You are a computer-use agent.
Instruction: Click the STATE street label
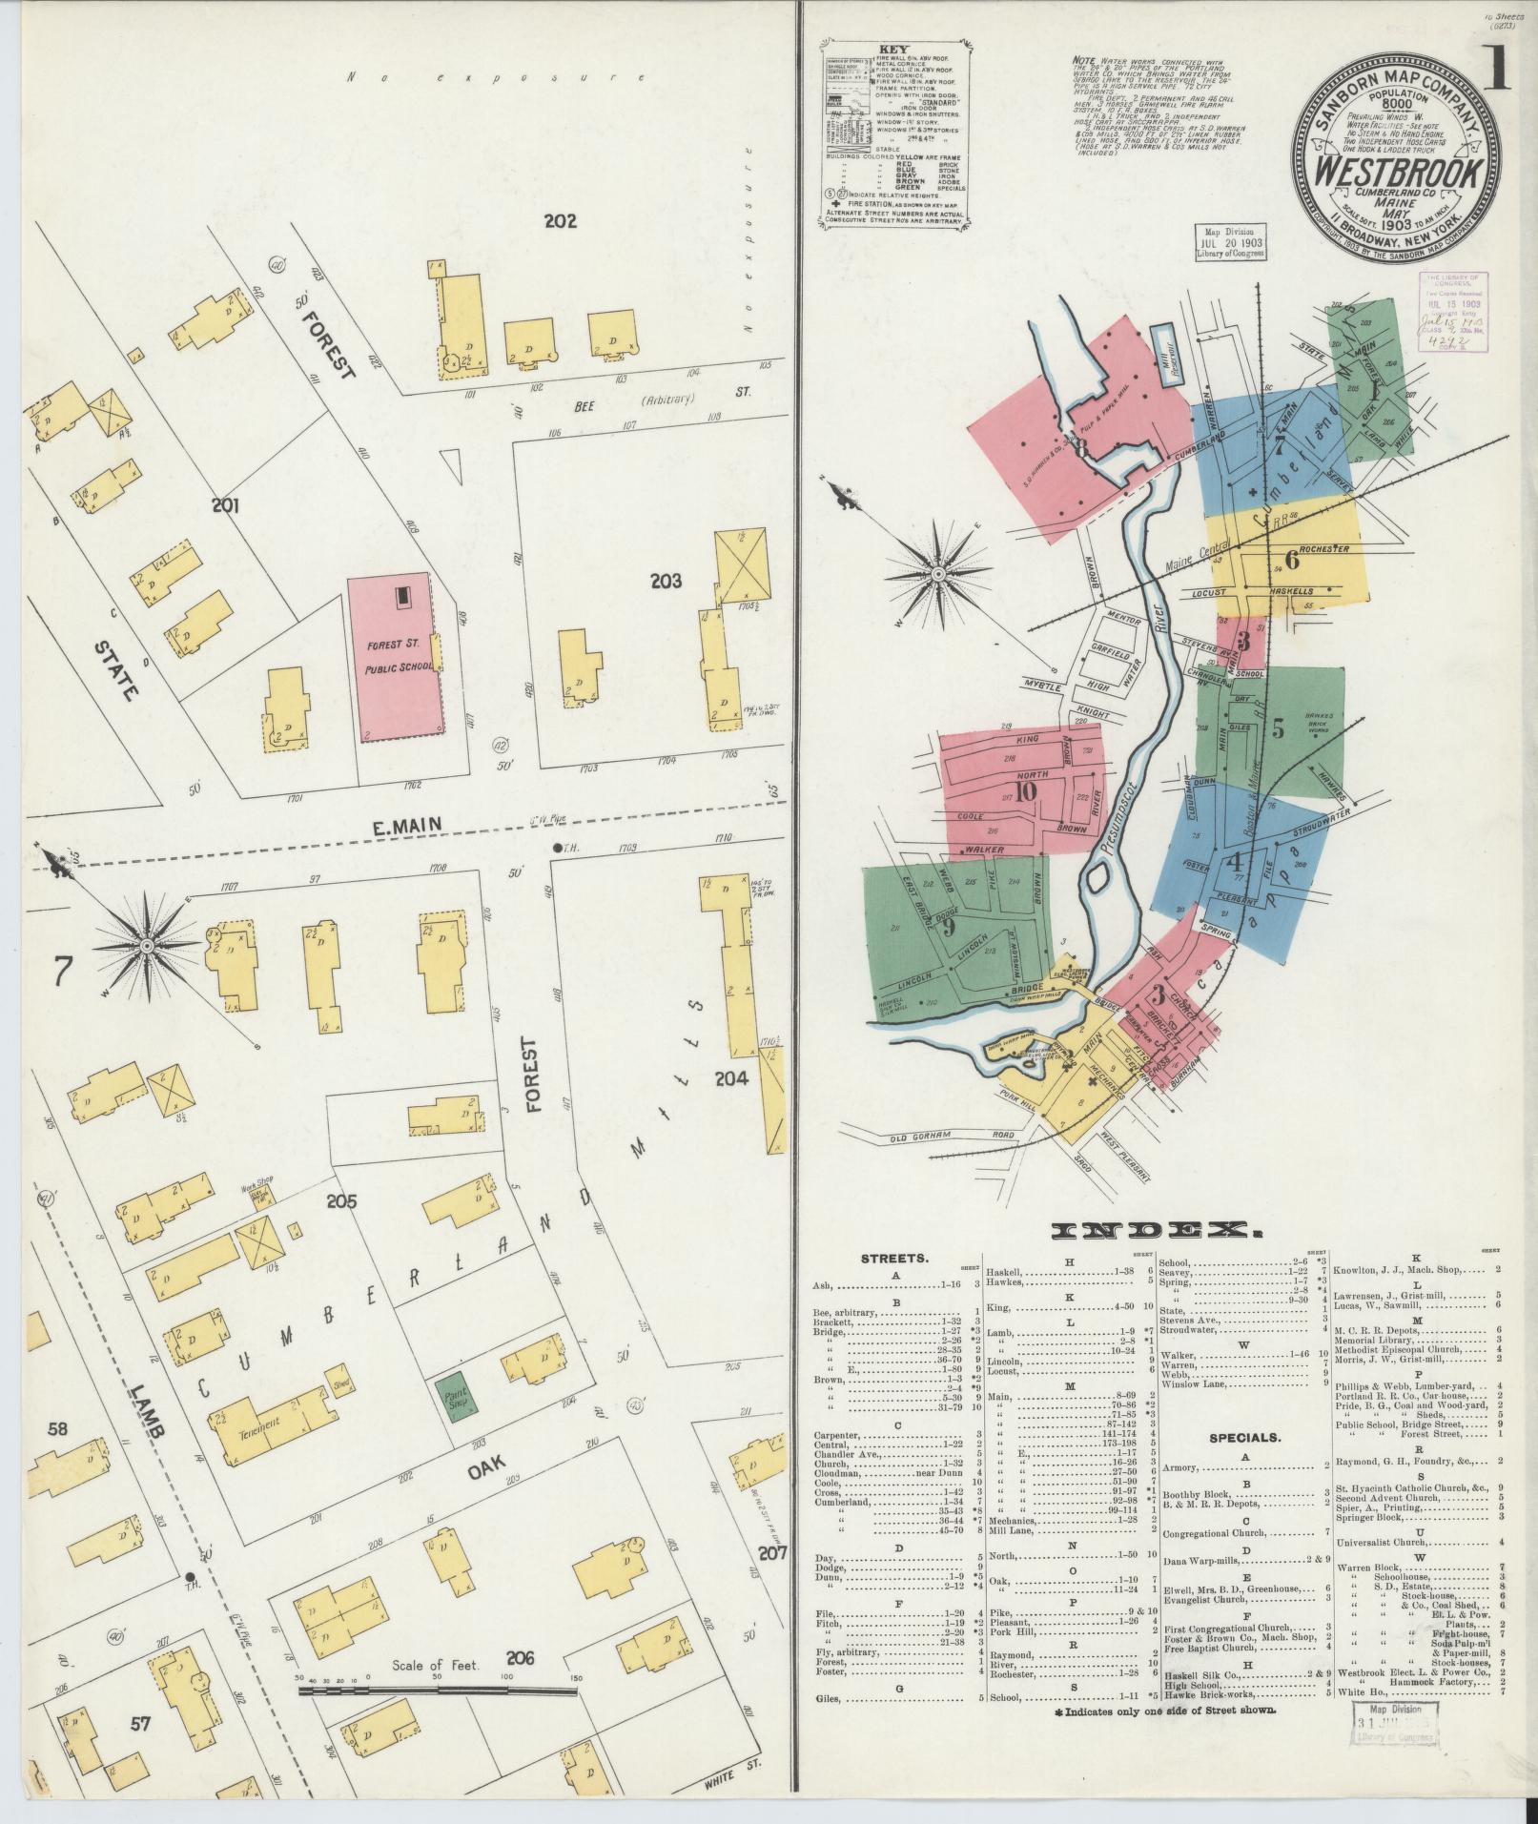click(117, 670)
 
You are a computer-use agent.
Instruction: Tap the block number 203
click(666, 580)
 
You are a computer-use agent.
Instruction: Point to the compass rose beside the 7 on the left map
click(147, 945)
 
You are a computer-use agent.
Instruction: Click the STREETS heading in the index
click(895, 1258)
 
